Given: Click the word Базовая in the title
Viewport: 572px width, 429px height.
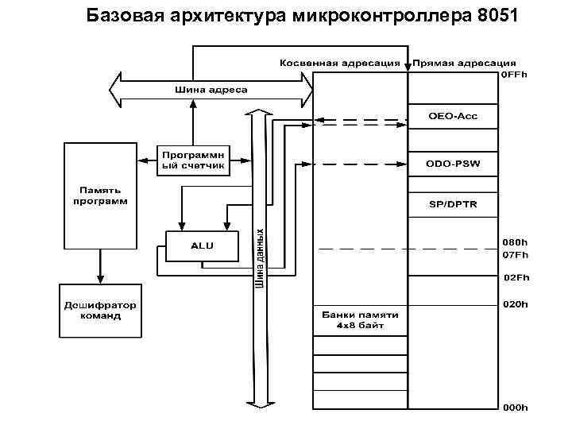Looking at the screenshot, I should point(121,15).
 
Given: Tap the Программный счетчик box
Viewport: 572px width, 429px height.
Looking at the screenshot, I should point(194,160).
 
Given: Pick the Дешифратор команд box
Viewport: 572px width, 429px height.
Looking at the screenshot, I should point(100,310).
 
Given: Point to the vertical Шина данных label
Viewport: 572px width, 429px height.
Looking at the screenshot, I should point(259,259).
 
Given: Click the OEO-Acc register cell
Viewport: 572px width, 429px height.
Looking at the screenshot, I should point(452,116).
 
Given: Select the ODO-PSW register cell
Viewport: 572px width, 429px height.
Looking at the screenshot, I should point(452,164).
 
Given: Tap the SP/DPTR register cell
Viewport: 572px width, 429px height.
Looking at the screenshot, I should point(452,204).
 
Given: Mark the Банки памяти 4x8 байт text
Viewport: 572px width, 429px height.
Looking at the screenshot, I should point(360,319).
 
